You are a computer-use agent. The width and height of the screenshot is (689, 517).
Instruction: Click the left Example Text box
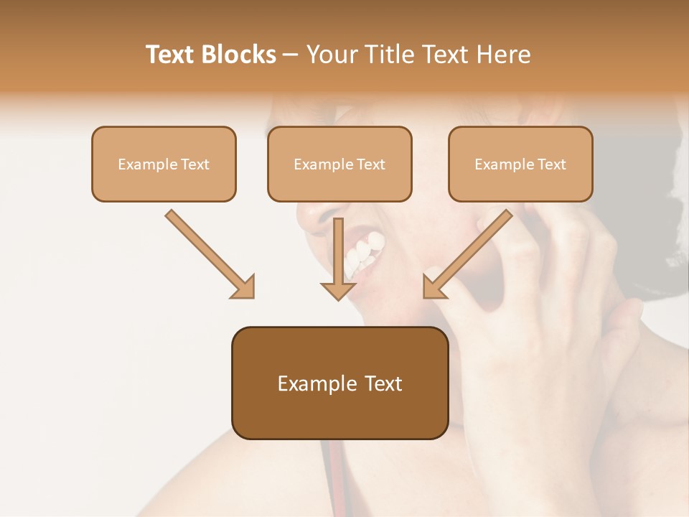point(164,164)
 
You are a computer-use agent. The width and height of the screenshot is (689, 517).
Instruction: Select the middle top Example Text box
point(339,164)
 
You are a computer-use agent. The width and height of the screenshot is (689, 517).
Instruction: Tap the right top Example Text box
point(520,164)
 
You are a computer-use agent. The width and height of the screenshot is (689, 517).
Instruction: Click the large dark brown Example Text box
point(339,383)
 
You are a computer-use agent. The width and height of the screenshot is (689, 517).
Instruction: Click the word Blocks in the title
point(238,55)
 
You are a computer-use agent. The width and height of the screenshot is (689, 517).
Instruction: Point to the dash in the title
point(291,55)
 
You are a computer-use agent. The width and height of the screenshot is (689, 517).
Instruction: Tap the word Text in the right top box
point(551,164)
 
